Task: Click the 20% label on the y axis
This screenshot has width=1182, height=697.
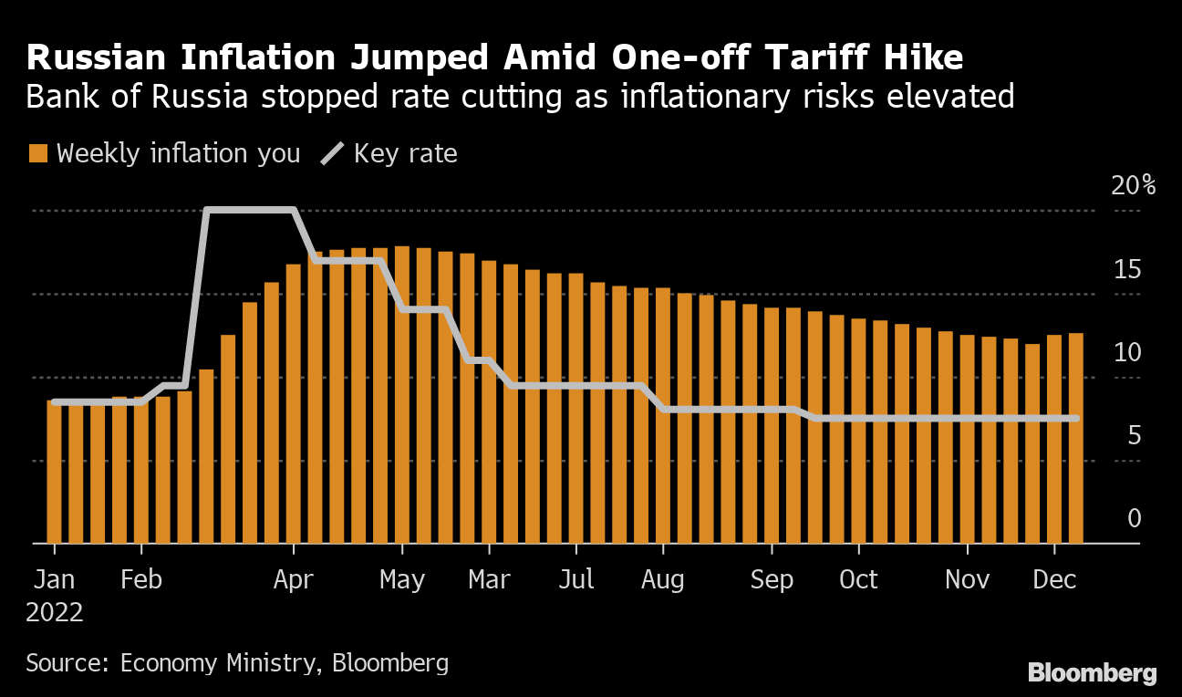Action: tap(1132, 186)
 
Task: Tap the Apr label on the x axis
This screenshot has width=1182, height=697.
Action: tap(294, 580)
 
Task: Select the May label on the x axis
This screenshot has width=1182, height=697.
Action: tap(401, 580)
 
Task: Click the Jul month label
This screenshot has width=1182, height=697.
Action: tap(576, 580)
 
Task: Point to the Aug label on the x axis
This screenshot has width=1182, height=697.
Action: tap(663, 580)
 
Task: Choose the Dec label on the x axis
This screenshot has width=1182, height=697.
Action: tap(1054, 580)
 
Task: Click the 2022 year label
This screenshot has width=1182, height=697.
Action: tap(55, 612)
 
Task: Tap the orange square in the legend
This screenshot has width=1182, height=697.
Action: tap(37, 153)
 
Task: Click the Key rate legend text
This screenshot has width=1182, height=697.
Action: tap(405, 153)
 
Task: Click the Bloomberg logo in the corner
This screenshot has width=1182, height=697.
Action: tap(1092, 674)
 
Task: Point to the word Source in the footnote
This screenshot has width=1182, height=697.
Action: tap(67, 662)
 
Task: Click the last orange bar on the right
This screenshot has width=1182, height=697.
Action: tap(1075, 438)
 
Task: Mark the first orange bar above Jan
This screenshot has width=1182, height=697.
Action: tap(55, 472)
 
